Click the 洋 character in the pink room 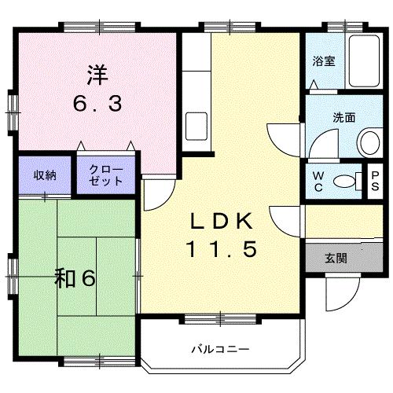click(98, 76)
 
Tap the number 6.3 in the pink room click(98, 103)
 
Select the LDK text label click(221, 222)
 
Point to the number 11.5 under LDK click(221, 250)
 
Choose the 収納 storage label click(44, 175)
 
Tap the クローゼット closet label click(105, 175)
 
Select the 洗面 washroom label click(343, 118)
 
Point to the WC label click(318, 180)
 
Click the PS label click(375, 180)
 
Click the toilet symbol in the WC click(343, 180)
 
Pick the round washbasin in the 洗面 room click(368, 142)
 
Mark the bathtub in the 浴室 click(362, 62)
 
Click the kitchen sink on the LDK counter click(196, 125)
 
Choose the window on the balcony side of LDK click(210, 318)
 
